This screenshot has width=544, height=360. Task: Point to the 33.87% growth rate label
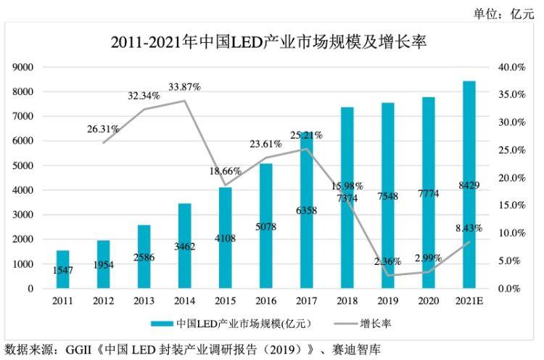click(184, 87)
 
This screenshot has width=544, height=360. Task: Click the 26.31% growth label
click(103, 129)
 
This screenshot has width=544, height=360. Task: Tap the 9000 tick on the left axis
click(23, 67)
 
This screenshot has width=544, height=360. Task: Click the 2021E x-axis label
click(469, 298)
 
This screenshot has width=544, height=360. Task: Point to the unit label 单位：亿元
click(503, 13)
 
